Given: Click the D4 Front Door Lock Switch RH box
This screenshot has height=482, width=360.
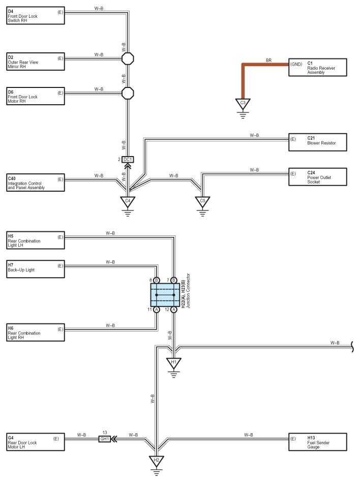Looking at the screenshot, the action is pos(36,16).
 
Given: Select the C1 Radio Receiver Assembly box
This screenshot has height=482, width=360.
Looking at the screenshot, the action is pos(318,67).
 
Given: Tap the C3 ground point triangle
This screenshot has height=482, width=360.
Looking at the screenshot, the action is pos(243,103).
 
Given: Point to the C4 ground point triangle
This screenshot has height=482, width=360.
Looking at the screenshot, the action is pos(128,202).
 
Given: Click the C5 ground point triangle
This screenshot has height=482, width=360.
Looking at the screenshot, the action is pos(202,202).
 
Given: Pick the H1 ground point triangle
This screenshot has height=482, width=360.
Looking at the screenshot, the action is pos(174,363).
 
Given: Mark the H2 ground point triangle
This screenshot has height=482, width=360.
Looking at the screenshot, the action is pos(157,461).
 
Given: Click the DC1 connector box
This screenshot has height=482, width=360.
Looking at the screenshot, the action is pos(128,160).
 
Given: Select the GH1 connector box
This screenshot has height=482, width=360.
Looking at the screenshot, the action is pos(105,439).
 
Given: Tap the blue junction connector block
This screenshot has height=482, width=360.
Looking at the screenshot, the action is pos(165,295).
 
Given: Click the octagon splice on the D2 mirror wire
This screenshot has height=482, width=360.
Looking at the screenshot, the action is pos(128,58).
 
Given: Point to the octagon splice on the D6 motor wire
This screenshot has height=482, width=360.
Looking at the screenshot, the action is pos(128,93).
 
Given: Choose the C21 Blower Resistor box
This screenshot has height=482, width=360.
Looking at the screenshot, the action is pos(318,142).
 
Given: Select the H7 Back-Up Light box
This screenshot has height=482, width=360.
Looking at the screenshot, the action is pos(36,269).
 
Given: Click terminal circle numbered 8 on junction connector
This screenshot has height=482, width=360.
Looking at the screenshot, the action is pos(157,280).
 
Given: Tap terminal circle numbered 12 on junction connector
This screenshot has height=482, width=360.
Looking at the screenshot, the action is pos(174,310).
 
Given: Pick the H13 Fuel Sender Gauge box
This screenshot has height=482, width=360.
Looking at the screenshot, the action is pos(318,442).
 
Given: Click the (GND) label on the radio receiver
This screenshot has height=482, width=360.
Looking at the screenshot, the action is pos(296,64).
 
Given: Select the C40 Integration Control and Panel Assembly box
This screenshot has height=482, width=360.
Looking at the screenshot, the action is pos(36,183).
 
